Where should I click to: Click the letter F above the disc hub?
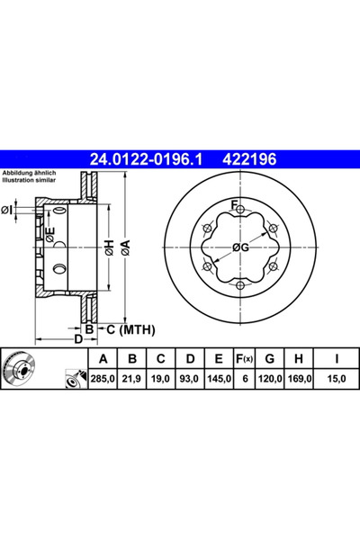(x=236, y=207)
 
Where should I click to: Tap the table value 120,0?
(x=271, y=380)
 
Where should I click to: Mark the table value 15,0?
(x=336, y=380)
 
